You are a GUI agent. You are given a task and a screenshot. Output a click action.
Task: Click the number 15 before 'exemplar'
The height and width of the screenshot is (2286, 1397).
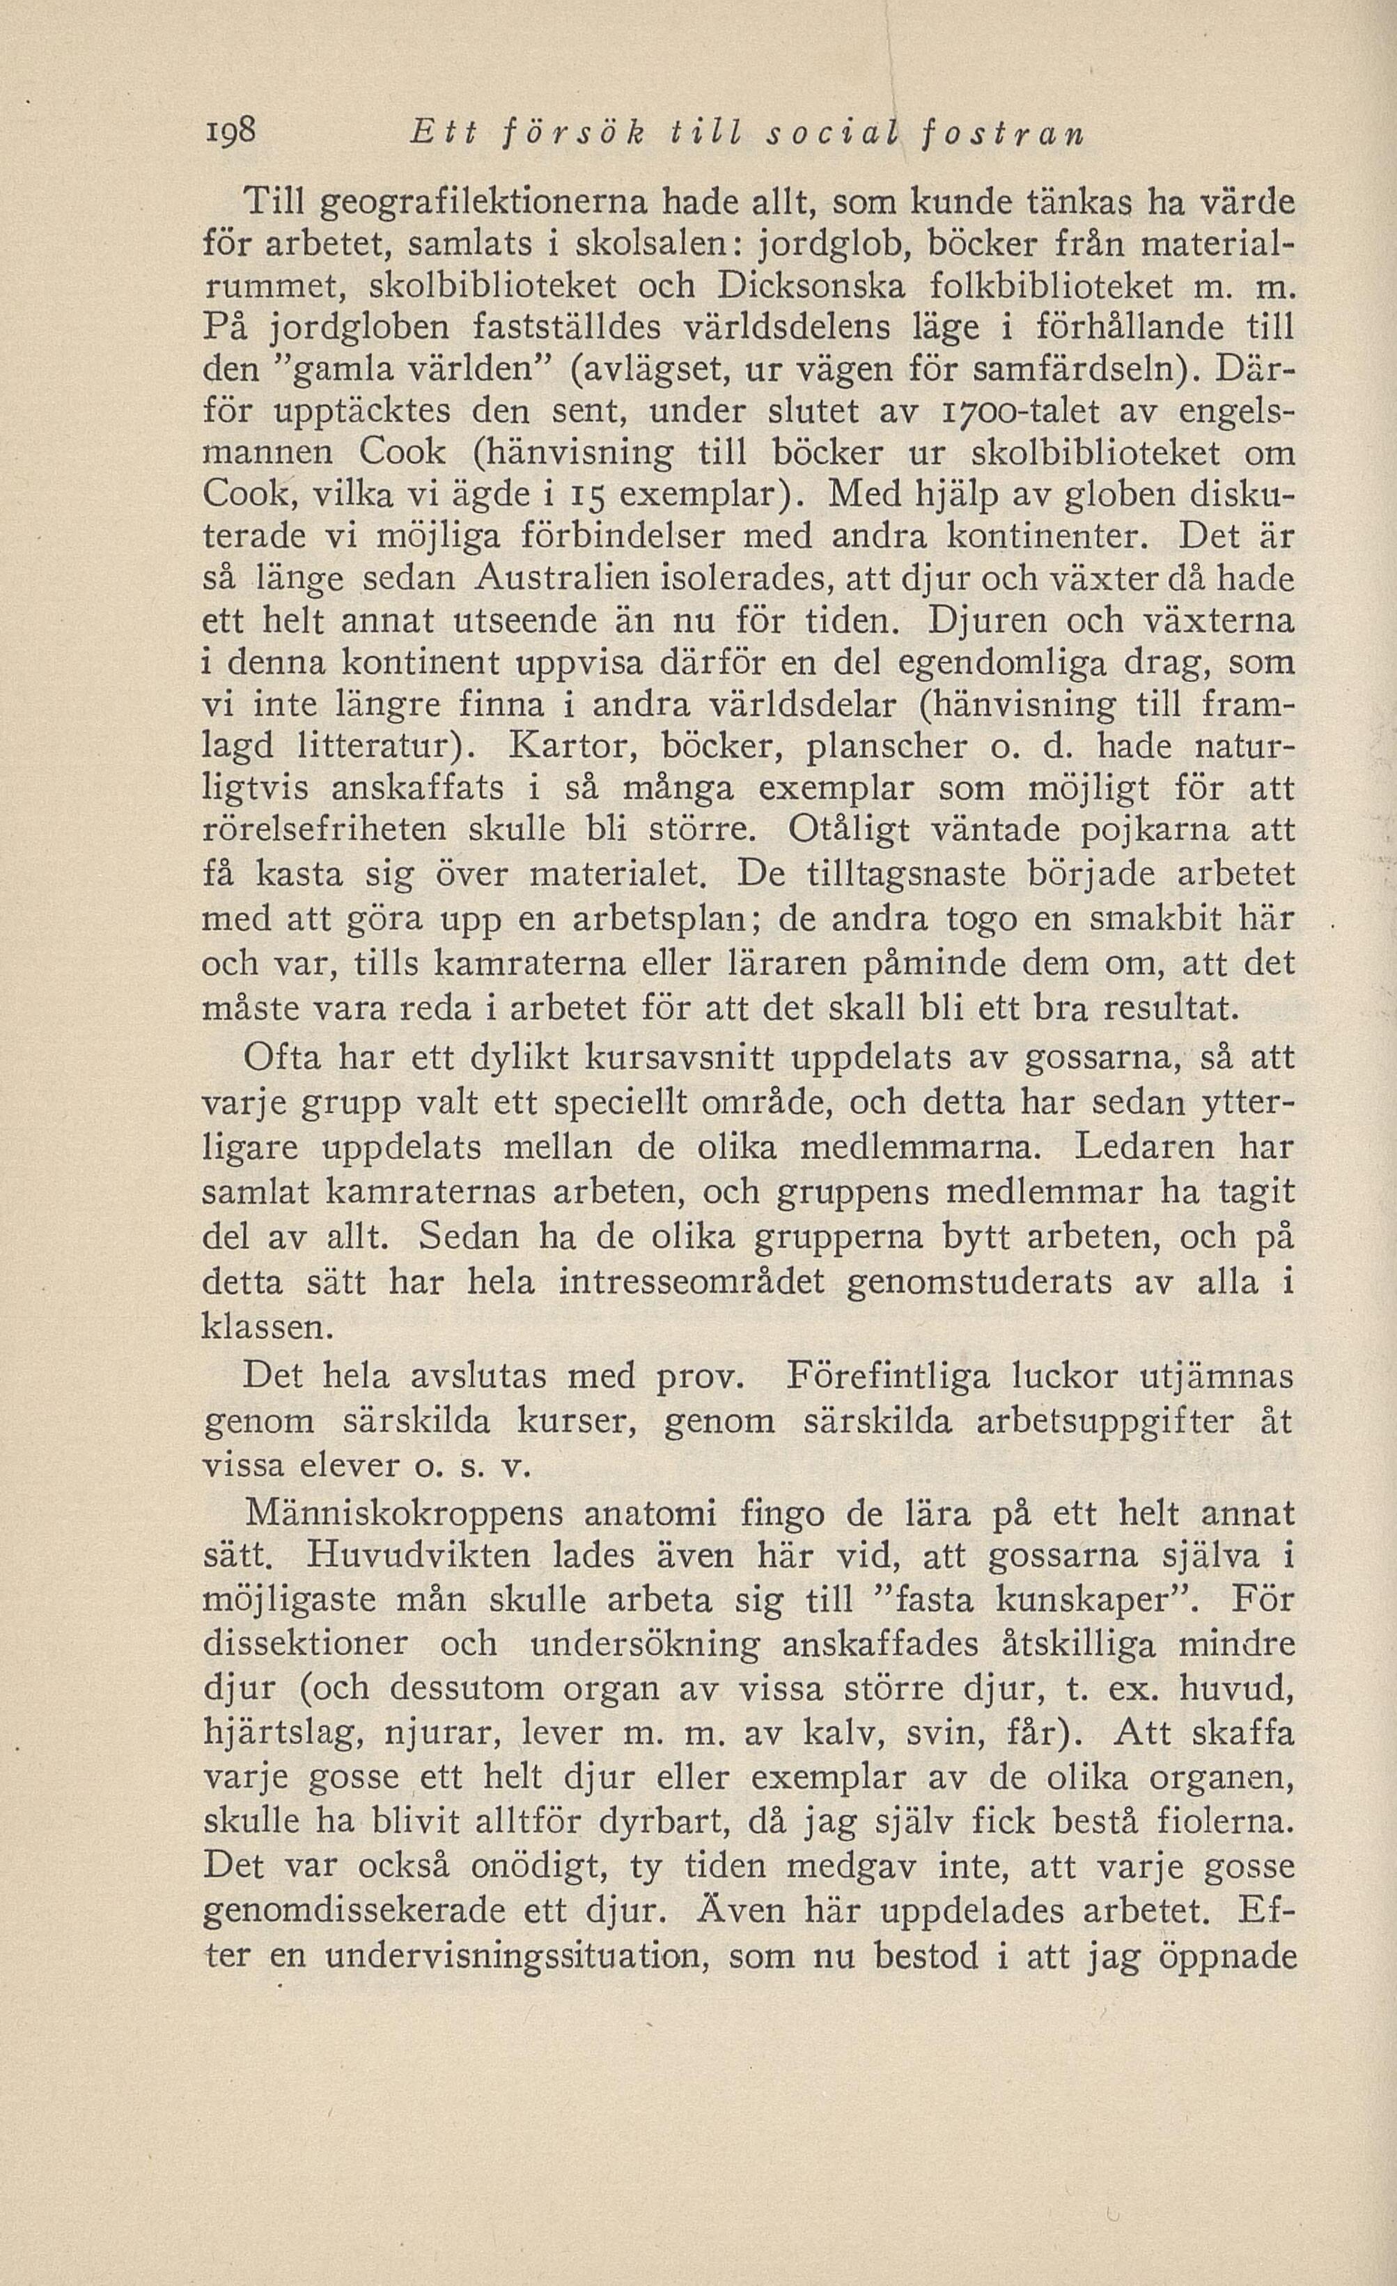pos(585,494)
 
